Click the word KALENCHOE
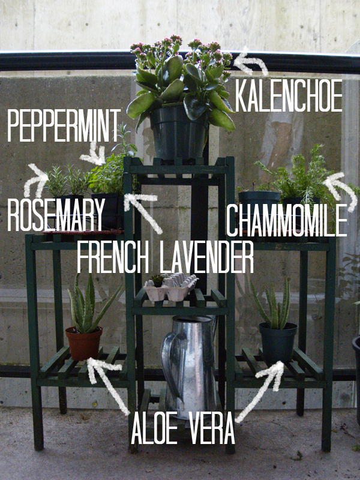[289, 95]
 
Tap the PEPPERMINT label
[64, 125]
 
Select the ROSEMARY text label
[56, 215]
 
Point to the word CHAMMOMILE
[287, 220]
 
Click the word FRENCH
[113, 257]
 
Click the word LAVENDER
[206, 257]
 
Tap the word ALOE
[155, 428]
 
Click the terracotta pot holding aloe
[83, 343]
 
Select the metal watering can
[190, 366]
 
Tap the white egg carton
[170, 287]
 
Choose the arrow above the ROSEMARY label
[35, 181]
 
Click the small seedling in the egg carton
[158, 280]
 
